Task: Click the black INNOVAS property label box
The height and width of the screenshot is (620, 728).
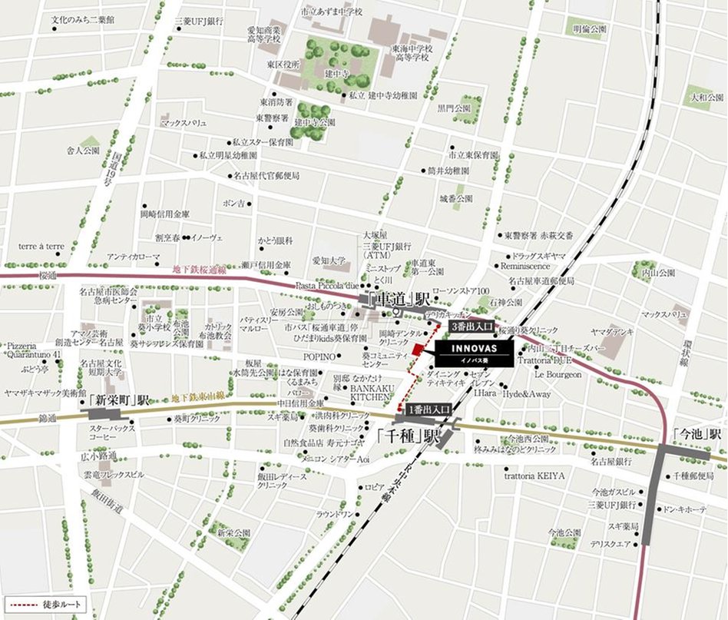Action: point(471,353)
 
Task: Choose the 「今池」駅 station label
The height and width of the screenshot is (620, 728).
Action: point(697,433)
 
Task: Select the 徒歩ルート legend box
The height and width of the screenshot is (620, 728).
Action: point(44,605)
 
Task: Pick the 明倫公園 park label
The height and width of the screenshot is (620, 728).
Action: point(589,29)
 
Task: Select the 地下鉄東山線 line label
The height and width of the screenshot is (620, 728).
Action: point(197,396)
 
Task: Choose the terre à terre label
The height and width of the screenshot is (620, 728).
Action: point(42,247)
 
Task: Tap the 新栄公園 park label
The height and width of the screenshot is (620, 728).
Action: point(233,532)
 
